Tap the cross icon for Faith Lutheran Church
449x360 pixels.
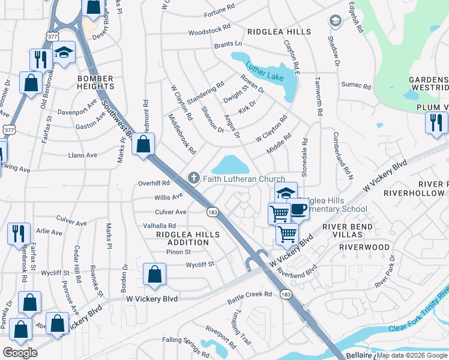click(193, 178)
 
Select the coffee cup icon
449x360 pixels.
click(298, 210)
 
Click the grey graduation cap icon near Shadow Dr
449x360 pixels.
click(335, 22)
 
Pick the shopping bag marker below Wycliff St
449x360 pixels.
click(155, 274)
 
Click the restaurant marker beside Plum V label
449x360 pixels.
click(436, 122)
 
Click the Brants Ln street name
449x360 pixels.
click(228, 45)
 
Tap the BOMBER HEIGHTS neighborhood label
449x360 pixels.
click(95, 83)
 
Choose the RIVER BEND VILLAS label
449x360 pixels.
click(348, 231)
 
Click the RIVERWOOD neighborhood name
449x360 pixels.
click(364, 247)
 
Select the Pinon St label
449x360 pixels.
click(179, 252)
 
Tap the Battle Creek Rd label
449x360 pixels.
click(250, 295)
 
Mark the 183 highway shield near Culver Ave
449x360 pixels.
click(212, 212)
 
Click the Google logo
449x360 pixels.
click(20, 353)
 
